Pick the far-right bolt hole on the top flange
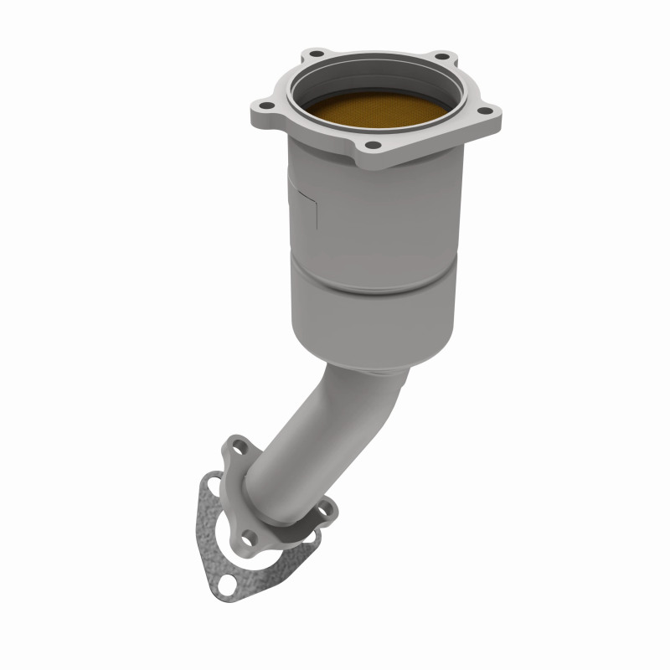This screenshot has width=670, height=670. (483, 109)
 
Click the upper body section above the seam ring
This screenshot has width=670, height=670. (377, 218)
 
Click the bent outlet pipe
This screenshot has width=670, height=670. (293, 444)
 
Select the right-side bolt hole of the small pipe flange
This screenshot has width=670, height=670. (326, 508)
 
